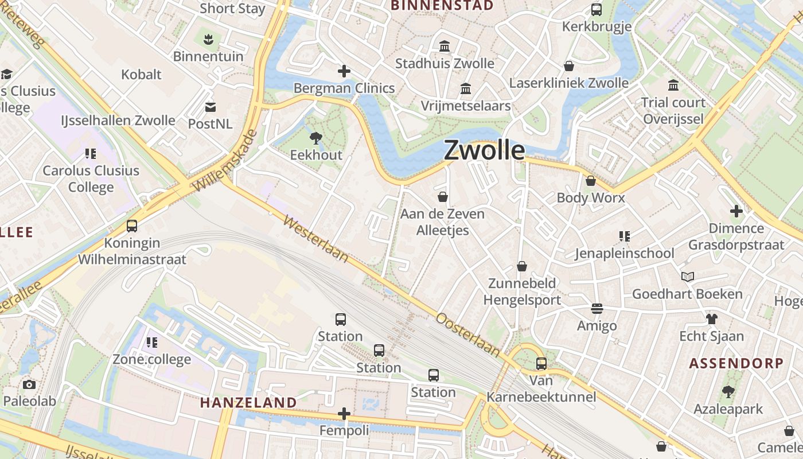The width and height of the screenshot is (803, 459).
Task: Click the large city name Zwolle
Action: tap(485, 150)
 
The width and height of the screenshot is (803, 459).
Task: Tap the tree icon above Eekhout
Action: tap(315, 138)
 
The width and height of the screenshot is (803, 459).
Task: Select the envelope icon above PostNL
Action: tap(211, 107)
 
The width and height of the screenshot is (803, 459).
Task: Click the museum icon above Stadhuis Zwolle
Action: tap(445, 46)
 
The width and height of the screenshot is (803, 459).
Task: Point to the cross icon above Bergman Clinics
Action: tap(344, 71)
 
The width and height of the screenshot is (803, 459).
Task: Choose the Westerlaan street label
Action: tap(315, 239)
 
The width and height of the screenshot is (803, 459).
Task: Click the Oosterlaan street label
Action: tap(468, 333)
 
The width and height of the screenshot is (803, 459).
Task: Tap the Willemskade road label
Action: tap(224, 161)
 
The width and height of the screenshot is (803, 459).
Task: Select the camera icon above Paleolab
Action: tap(29, 384)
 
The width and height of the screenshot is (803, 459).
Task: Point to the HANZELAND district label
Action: tap(248, 403)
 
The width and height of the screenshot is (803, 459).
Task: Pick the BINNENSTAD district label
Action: tap(442, 6)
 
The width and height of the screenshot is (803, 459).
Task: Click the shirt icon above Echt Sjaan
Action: tap(712, 319)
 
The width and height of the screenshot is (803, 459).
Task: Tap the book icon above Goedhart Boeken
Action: tap(688, 277)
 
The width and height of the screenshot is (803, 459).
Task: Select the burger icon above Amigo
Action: tap(597, 309)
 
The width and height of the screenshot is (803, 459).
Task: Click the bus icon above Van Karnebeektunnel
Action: tap(541, 363)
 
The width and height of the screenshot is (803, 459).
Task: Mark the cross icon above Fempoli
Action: tap(344, 413)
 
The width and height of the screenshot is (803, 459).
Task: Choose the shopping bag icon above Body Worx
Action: tap(591, 181)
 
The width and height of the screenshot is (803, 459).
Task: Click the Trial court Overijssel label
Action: tap(673, 111)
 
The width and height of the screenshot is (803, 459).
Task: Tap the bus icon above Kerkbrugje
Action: tap(597, 10)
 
